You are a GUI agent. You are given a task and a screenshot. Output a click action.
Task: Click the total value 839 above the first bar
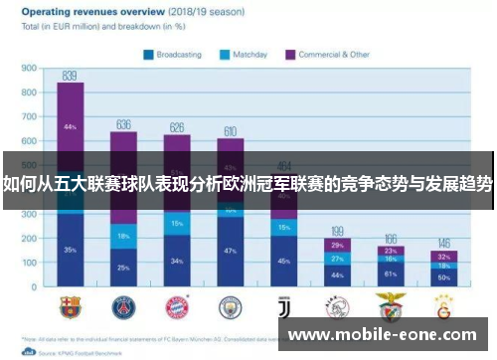pos(70,76)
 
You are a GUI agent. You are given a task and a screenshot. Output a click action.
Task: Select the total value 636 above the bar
pos(123,124)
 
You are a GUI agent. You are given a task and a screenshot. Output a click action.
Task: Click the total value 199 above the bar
pos(338,231)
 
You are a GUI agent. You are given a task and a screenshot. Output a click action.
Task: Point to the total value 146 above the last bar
pos(445,243)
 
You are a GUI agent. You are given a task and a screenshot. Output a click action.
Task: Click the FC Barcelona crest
pos(70,302)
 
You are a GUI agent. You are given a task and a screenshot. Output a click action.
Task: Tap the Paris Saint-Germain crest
pos(123,302)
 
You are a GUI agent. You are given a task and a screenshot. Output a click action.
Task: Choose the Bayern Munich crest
pos(177,302)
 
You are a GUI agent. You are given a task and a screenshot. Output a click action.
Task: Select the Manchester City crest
pos(231,302)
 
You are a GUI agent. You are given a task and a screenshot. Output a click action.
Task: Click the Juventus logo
pos(284,302)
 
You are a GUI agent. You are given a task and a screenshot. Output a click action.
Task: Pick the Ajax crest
pos(338,302)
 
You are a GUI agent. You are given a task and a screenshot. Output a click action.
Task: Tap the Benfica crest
pos(392,302)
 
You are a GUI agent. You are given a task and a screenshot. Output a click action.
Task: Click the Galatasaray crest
pos(445,302)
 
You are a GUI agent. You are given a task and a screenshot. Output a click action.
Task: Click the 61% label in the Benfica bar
pos(392,272)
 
